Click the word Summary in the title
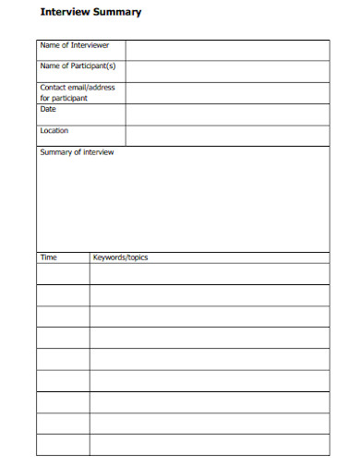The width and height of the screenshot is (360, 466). tap(119, 13)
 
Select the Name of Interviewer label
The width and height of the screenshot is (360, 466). tap(75, 45)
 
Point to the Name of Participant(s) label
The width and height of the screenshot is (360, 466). tap(78, 66)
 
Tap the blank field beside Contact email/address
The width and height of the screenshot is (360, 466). tap(227, 92)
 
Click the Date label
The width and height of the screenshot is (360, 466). tap(48, 109)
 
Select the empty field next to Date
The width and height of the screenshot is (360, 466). tap(227, 114)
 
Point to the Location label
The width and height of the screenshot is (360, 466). tap(54, 131)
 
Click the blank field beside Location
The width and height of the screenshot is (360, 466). tap(227, 135)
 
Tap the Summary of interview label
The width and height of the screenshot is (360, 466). tap(77, 152)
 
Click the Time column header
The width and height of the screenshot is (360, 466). tap(48, 257)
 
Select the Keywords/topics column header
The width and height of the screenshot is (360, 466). tap(120, 257)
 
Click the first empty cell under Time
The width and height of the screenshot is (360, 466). tap(63, 274)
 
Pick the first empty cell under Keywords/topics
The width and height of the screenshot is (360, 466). tap(209, 274)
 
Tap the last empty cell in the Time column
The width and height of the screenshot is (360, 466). tap(63, 445)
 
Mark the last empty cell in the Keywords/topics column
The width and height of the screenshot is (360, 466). tap(209, 445)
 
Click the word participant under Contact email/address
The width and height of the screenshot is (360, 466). tap(70, 98)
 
